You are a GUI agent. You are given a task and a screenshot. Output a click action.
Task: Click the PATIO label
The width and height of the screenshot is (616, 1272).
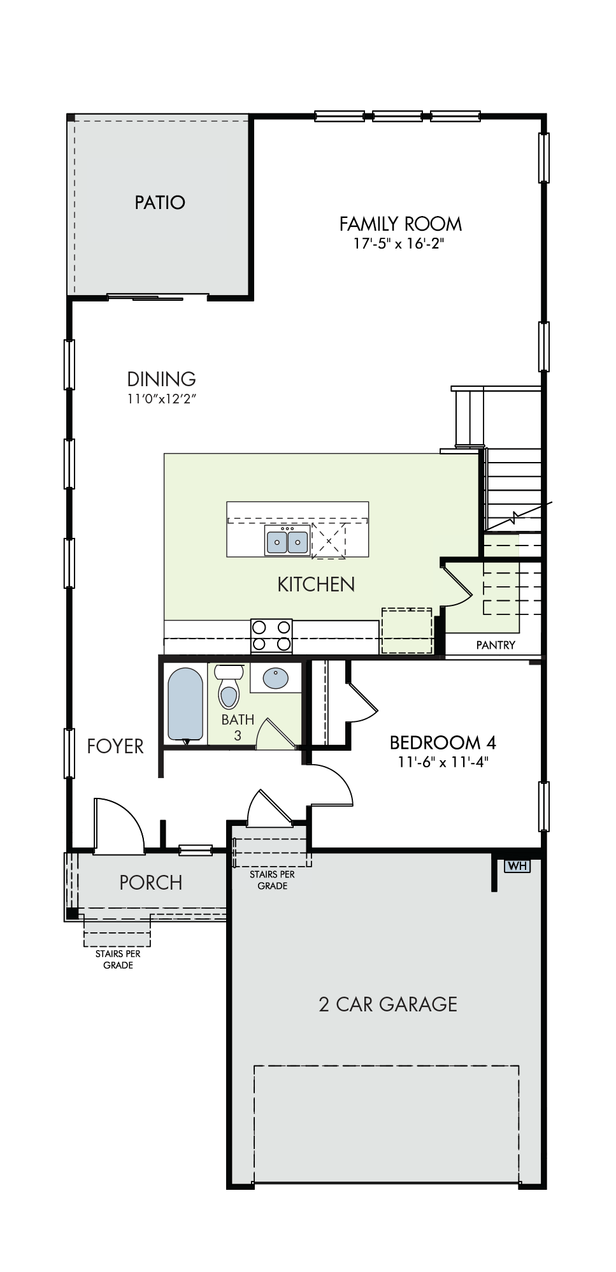[160, 203]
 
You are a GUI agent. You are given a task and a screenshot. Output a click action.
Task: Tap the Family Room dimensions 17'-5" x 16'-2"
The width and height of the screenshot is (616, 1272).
[399, 243]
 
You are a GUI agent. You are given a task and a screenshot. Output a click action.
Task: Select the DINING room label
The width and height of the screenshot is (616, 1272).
[161, 379]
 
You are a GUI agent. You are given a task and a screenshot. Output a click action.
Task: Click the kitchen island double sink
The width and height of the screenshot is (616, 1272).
[287, 541]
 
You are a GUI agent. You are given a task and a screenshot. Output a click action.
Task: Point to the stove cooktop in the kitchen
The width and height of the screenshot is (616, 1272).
[272, 635]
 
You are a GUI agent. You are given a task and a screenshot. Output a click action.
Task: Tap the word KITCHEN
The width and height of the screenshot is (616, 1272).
[316, 584]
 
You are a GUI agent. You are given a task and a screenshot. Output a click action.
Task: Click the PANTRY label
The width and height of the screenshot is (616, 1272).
[496, 645]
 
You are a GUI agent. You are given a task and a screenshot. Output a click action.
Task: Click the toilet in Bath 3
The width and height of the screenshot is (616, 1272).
[229, 686]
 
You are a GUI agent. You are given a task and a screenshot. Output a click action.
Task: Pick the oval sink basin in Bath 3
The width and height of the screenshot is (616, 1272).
[275, 678]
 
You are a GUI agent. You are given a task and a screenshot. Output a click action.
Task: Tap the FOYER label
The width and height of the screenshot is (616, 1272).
[115, 746]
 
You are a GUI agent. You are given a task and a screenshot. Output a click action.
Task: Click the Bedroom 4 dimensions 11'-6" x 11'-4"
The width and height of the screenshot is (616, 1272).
[443, 762]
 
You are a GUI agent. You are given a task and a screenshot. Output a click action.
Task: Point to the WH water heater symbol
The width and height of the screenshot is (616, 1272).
[517, 866]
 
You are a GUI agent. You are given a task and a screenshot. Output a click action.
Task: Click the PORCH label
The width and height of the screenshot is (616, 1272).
[151, 883]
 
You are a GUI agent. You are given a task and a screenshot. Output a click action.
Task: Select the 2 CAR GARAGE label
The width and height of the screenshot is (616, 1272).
[388, 1004]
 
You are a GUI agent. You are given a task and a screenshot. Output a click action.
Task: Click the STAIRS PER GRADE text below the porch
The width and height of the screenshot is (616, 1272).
[118, 959]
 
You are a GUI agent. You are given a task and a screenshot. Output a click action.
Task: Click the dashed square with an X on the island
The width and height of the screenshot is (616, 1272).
[329, 541]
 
